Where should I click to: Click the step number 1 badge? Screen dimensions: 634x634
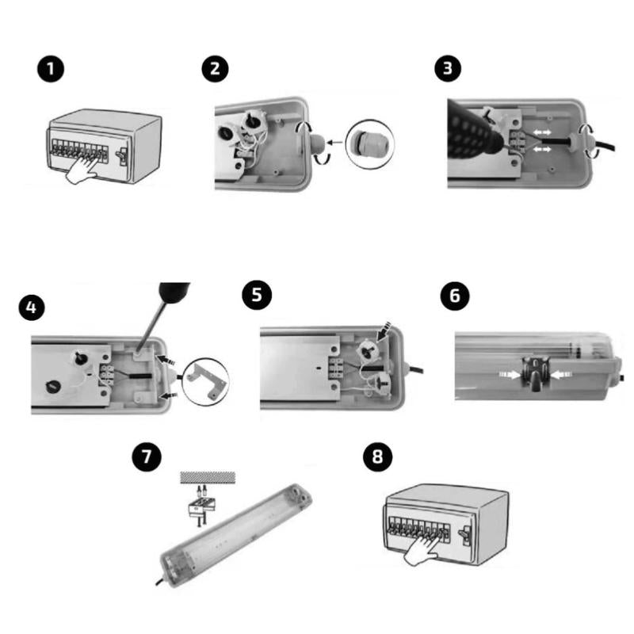(51, 69)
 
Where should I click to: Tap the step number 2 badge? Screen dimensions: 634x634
(215, 69)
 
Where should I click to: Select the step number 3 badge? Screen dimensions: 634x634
(448, 68)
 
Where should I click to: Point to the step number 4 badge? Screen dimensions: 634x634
(32, 307)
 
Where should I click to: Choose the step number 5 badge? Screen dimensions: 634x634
(257, 295)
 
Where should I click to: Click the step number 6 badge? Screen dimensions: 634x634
(455, 296)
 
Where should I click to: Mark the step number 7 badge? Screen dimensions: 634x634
(147, 456)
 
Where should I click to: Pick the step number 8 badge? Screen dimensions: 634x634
(378, 457)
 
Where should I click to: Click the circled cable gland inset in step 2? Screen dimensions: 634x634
(370, 144)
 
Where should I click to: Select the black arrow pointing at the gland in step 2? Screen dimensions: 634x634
(334, 143)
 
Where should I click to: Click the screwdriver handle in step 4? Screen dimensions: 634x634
(174, 292)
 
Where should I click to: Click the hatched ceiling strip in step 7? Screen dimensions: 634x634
(208, 477)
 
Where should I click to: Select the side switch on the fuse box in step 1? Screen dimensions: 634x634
(122, 155)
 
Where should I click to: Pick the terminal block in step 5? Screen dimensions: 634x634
(336, 369)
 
